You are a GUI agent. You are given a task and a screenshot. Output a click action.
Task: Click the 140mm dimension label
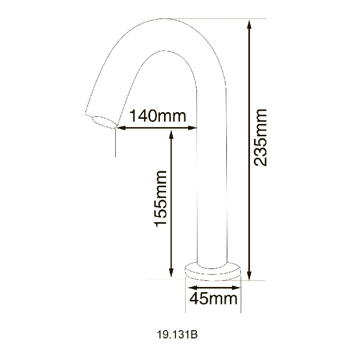coord(158,116)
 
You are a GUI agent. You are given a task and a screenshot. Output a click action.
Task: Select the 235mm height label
coord(260,137)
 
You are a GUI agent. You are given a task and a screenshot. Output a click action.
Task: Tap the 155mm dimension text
coord(160,199)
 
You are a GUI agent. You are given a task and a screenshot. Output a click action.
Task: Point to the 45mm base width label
coord(213,298)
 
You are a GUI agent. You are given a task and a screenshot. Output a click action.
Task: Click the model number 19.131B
coord(177,335)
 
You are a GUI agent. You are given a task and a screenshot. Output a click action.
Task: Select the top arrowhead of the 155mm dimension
coord(171,135)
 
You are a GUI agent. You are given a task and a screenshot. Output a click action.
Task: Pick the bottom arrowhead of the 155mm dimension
coord(171,273)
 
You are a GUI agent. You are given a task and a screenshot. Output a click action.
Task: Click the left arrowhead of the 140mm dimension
coord(121,128)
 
